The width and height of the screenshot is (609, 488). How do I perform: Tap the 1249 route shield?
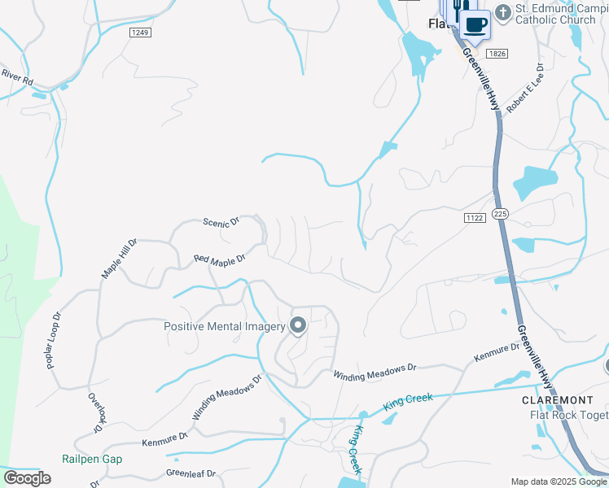[x=140, y=33]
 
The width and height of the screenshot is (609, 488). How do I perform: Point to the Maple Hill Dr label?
[x=119, y=259]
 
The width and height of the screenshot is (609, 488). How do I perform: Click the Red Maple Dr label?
[x=219, y=260]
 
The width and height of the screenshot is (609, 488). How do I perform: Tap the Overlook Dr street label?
[x=95, y=412]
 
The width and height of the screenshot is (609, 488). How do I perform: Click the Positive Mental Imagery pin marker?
[x=298, y=326]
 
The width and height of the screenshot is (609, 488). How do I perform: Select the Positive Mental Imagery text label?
[x=225, y=327]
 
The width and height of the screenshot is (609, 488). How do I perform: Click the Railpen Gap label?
[x=92, y=459]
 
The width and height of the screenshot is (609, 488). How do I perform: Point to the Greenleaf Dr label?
[x=191, y=473]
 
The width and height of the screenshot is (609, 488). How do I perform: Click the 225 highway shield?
[x=501, y=213]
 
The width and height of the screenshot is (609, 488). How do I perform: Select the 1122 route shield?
[x=475, y=217]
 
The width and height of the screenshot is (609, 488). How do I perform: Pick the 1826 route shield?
[x=497, y=53]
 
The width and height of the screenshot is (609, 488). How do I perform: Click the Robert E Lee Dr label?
[x=524, y=87]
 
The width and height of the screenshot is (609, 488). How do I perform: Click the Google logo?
[x=27, y=477]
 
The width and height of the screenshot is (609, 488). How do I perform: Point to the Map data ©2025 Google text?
[x=559, y=481]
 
